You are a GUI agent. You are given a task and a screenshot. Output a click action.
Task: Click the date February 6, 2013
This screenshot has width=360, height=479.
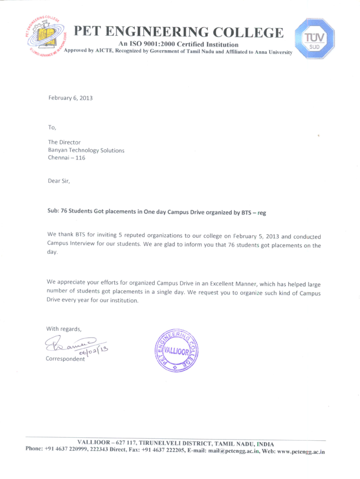[70, 97]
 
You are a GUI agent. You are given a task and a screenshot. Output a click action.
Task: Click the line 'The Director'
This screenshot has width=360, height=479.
[64, 142]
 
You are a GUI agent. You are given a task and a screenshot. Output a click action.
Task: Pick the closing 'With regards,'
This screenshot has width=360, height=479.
[64, 328]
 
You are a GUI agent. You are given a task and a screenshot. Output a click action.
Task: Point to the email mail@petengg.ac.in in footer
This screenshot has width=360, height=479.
[230, 453]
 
